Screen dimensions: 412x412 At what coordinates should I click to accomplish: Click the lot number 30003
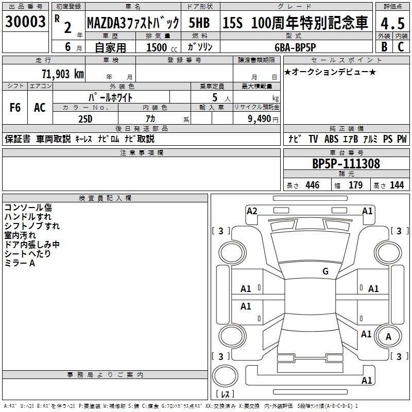(26, 22)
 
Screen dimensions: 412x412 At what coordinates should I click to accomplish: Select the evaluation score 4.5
(391, 24)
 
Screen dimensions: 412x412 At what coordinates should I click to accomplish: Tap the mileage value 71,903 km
(62, 74)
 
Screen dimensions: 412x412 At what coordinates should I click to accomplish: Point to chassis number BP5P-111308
(346, 164)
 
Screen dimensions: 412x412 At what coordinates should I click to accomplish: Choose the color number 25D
(85, 118)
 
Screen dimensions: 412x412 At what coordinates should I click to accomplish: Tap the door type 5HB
(200, 23)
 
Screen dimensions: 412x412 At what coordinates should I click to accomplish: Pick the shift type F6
(15, 108)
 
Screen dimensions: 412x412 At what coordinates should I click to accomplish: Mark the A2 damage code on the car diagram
(252, 211)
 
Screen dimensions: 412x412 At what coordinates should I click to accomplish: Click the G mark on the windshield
(325, 271)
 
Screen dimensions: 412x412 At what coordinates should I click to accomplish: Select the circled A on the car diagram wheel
(389, 336)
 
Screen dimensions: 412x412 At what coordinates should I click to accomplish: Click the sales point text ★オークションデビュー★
(330, 72)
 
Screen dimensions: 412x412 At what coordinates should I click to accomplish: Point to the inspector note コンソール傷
(28, 208)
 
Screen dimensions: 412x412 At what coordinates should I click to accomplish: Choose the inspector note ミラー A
(20, 263)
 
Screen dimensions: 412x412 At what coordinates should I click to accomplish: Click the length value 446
(312, 185)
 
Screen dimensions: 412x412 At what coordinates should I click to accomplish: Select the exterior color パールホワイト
(111, 97)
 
